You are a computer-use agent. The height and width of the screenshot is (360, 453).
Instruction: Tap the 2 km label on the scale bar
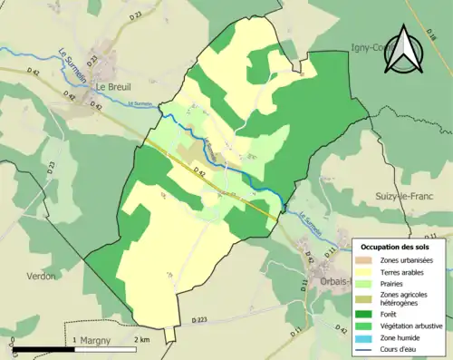click(x=141, y=339)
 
